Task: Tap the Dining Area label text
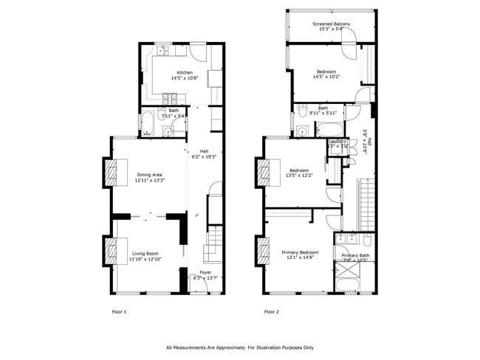[x=149, y=173]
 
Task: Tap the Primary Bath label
[x=355, y=255]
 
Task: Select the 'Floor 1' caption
[x=119, y=312]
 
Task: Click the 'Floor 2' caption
[x=271, y=312]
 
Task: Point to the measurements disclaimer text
[x=240, y=347]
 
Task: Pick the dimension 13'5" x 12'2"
[x=299, y=175]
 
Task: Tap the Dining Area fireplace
[x=109, y=174]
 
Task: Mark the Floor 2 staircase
[x=365, y=203]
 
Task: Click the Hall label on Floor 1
[x=205, y=151]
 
